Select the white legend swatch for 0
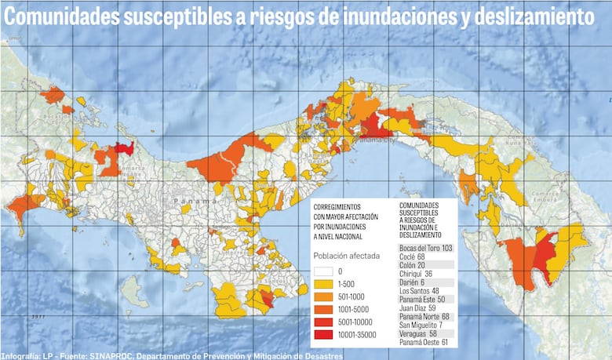tap(324, 271)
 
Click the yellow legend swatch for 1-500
tap(324, 283)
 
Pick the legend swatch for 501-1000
tap(324, 296)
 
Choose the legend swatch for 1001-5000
tap(324, 309)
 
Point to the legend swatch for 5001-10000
tap(324, 322)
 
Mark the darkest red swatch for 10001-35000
tap(324, 335)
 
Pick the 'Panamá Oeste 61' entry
tap(424, 342)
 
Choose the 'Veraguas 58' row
tap(417, 333)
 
